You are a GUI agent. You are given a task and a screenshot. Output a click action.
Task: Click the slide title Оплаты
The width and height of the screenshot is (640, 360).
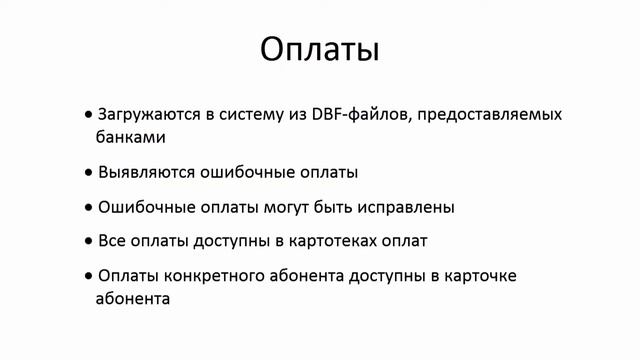click(320, 49)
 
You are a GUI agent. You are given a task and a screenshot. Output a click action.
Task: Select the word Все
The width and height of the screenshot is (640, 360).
click(112, 242)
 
